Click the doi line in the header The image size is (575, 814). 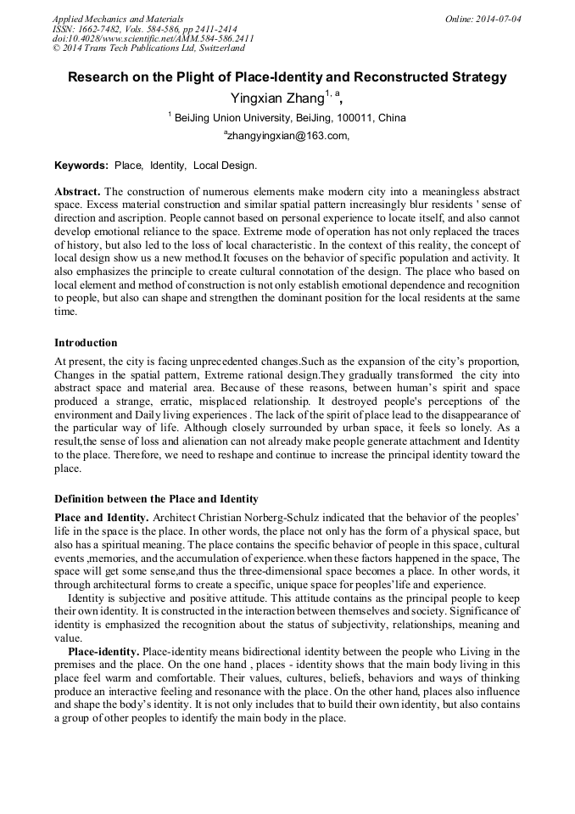pos(153,38)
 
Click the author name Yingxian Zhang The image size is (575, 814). pos(277,98)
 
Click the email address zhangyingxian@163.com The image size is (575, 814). pos(288,136)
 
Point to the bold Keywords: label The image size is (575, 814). pos(81,165)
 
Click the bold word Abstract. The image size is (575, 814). pos(77,193)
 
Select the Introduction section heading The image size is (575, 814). pos(86,343)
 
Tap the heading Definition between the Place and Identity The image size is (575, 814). pos(156,498)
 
